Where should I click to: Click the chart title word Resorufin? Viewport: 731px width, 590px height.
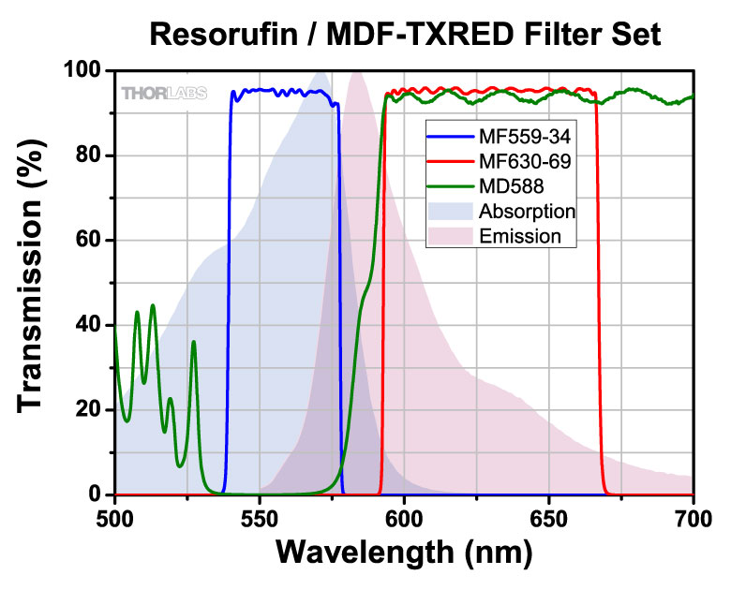pos(223,34)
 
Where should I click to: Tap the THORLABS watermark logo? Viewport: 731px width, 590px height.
pos(164,94)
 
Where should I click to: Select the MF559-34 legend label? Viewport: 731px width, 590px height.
pos(525,137)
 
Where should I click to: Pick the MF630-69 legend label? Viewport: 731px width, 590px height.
pos(525,161)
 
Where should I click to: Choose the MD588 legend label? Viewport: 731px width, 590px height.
pos(512,186)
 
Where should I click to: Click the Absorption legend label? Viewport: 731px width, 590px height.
pos(528,212)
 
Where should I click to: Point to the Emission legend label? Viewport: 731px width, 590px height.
pos(520,236)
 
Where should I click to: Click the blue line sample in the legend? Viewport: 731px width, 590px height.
pos(451,137)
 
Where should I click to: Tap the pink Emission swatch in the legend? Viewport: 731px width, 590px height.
pos(451,236)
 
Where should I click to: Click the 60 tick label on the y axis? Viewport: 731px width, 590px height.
pos(88,240)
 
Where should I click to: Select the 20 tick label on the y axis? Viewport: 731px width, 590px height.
pos(88,409)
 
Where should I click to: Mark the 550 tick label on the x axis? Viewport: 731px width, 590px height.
pos(260,519)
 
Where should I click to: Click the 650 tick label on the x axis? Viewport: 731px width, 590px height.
pos(548,519)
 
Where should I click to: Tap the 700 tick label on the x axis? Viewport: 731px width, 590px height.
pos(694,519)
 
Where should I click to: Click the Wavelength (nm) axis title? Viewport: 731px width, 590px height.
pos(404,553)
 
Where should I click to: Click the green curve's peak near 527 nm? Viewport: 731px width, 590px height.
pos(193,342)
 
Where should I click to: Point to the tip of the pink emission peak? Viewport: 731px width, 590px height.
pos(357,71)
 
